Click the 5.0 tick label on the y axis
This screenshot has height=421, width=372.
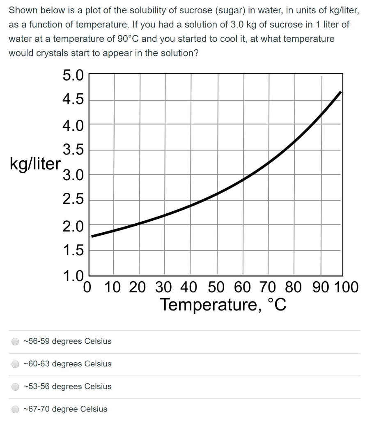[73, 76]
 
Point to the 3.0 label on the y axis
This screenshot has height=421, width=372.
[73, 176]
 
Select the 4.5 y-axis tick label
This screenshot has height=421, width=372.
[73, 99]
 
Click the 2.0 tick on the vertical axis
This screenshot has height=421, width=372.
[73, 226]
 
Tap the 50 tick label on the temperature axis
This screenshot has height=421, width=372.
[216, 287]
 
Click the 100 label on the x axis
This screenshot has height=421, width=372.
[347, 287]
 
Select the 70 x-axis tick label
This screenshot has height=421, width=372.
[268, 287]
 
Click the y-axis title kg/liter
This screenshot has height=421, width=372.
[34, 164]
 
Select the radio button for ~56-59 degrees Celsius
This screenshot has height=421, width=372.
[16, 342]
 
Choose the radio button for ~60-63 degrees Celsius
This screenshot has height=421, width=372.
[16, 364]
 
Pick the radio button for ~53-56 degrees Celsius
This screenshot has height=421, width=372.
[16, 387]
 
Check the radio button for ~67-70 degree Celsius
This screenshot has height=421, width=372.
[16, 409]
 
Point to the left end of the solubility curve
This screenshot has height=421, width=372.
[92, 236]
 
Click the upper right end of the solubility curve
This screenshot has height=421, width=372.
[340, 92]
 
